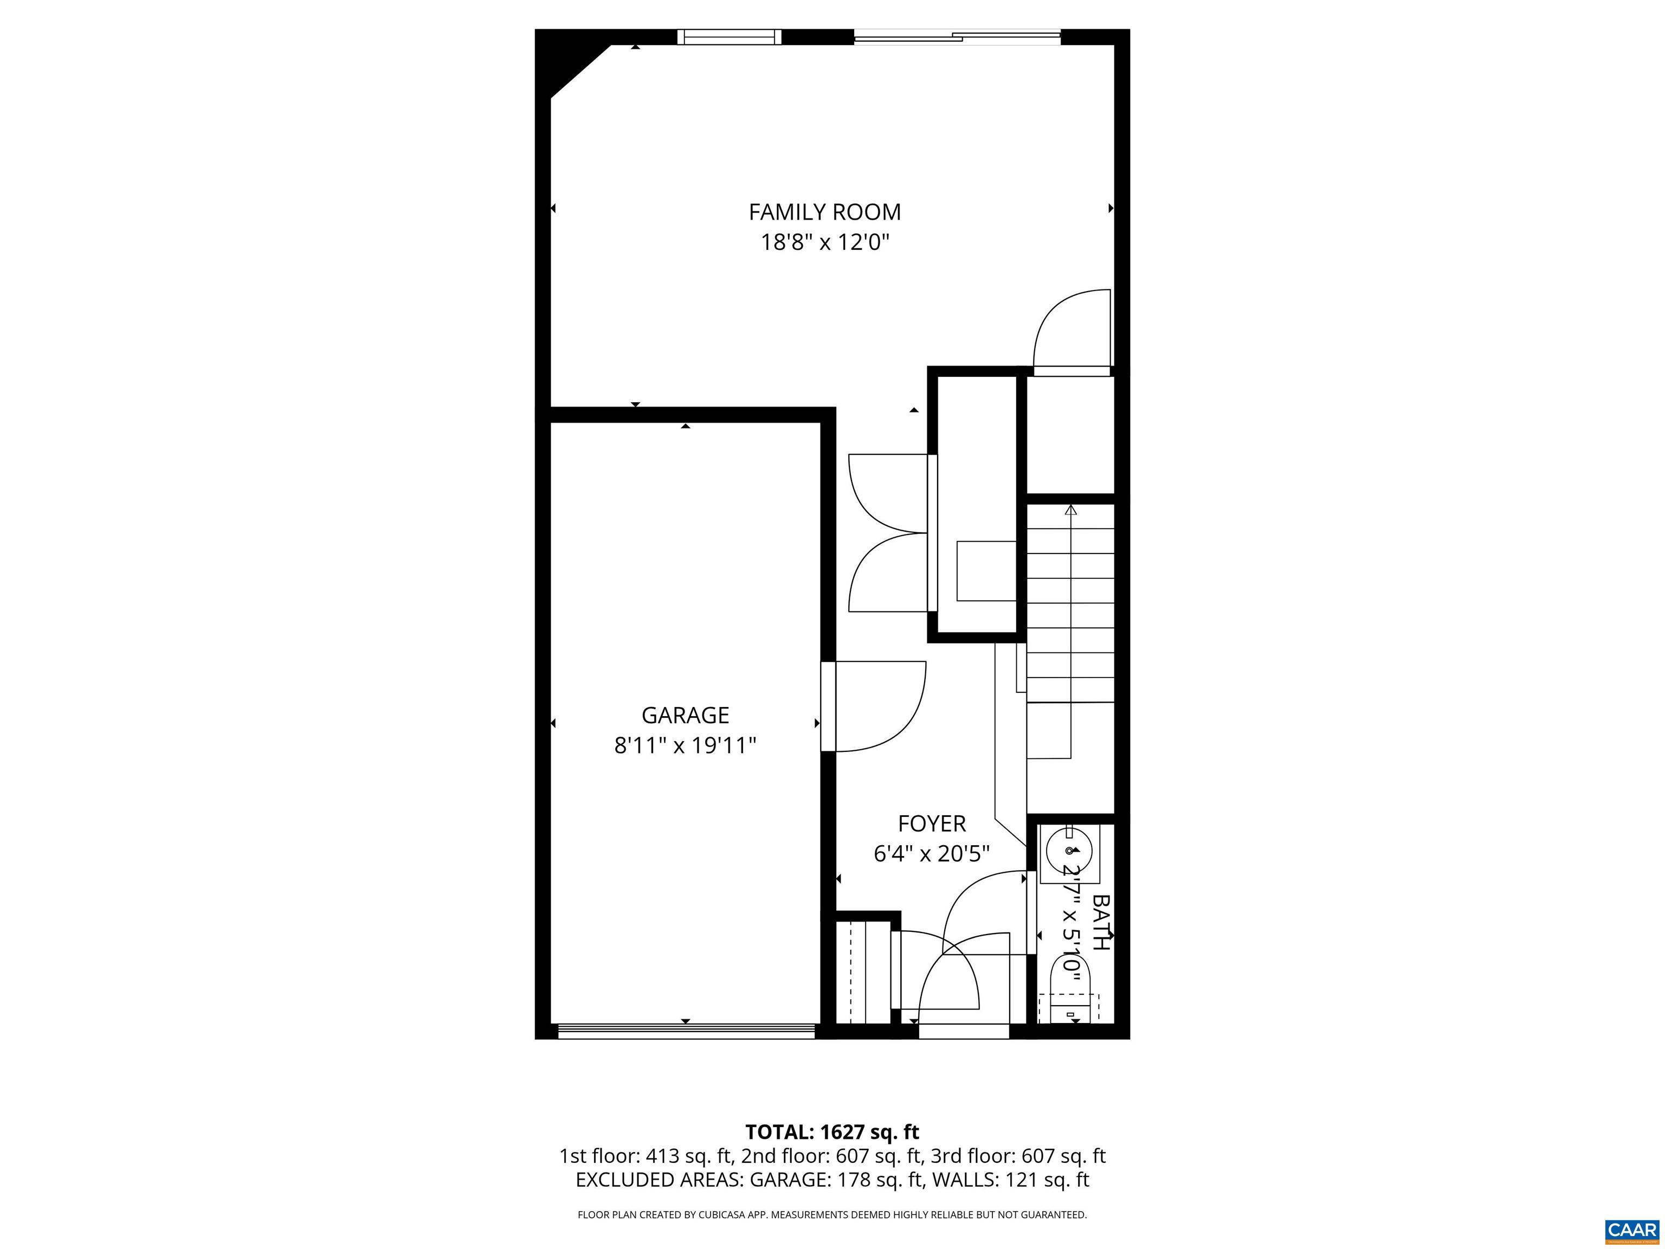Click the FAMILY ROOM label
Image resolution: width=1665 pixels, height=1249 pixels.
[x=824, y=213]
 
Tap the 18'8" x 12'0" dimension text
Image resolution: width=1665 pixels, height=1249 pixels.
[x=824, y=242]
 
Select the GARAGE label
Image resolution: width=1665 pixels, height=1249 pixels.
[x=685, y=714]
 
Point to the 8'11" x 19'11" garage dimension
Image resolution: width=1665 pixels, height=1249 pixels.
[x=685, y=745]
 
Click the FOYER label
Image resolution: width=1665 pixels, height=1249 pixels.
[x=931, y=823]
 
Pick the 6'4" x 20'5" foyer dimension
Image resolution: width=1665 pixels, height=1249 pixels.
[x=931, y=854]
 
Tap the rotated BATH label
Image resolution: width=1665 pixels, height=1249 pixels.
[x=1100, y=922]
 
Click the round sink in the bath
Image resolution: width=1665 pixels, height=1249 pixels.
[x=1069, y=851]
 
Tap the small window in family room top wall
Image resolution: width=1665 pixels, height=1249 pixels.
[x=728, y=37]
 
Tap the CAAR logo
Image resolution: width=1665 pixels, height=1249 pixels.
[x=1631, y=1229]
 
